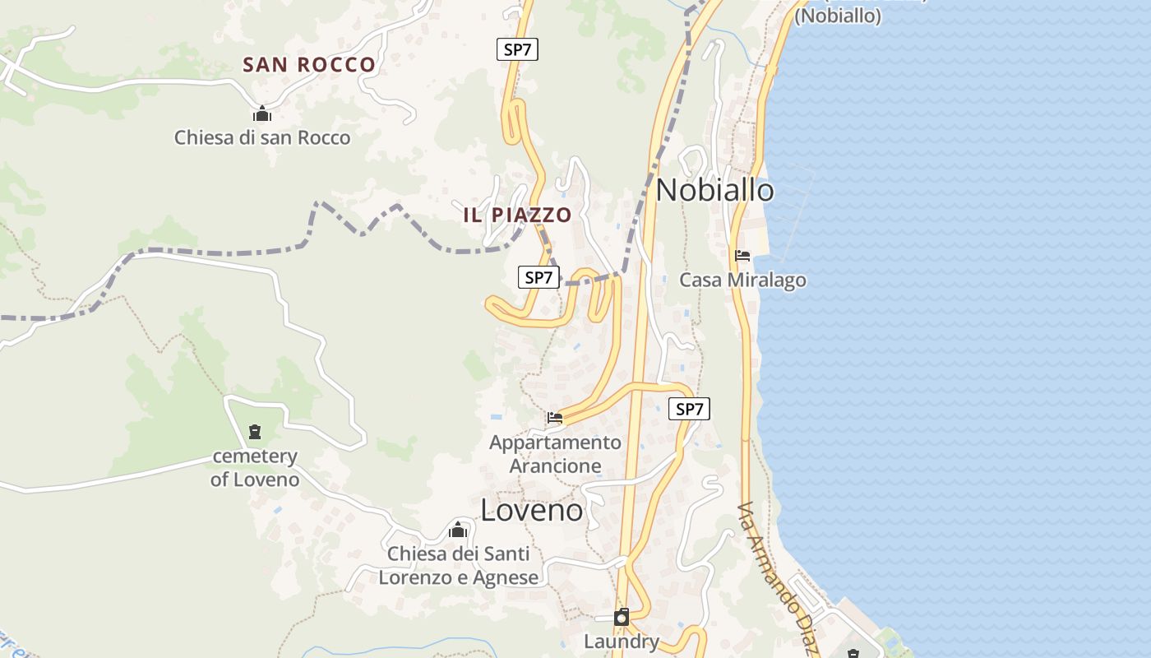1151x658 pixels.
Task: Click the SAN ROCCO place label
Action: [x=309, y=65]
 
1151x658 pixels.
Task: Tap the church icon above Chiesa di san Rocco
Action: [x=262, y=114]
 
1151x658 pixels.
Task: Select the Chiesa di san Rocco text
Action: [x=262, y=138]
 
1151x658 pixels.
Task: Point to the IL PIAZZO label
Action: [x=517, y=215]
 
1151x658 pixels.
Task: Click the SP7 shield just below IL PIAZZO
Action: [x=539, y=277]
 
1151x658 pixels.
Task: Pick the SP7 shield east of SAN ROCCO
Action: [x=517, y=49]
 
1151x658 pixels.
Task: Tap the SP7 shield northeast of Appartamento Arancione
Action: [x=689, y=409]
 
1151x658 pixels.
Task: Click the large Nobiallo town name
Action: [x=714, y=191]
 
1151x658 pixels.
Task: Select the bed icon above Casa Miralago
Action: [x=742, y=256]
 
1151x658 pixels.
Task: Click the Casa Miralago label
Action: [x=742, y=280]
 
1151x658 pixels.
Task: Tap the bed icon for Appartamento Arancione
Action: [x=555, y=418]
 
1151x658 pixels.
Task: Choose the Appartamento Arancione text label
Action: [x=556, y=454]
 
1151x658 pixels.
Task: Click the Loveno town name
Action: [x=532, y=511]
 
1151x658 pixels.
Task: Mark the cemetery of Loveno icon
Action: [x=255, y=432]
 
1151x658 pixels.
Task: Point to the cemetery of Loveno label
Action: [x=255, y=467]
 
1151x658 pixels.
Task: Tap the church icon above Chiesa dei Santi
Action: [x=458, y=531]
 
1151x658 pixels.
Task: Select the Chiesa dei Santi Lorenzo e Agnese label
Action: [x=459, y=566]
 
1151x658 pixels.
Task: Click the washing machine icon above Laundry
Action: [x=622, y=617]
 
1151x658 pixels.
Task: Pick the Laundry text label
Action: [x=622, y=642]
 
